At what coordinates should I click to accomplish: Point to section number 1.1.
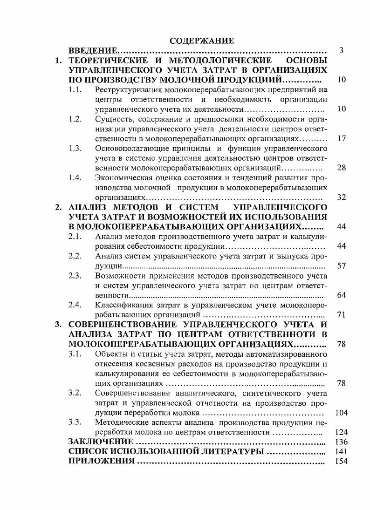(x=75, y=89)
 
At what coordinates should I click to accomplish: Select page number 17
(x=341, y=139)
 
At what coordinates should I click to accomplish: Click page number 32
(x=341, y=197)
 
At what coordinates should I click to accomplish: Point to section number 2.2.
(x=75, y=256)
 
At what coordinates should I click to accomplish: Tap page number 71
(x=341, y=315)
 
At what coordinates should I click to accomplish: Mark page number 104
(x=341, y=413)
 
